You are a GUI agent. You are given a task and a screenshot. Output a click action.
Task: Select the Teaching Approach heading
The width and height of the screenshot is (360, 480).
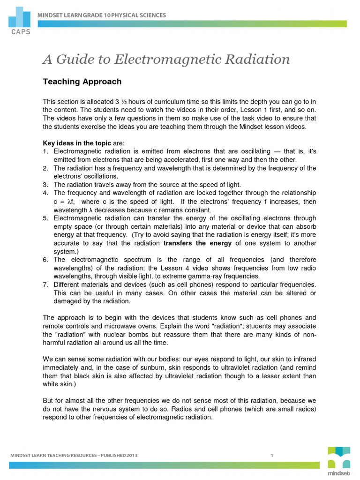pyautogui.click(x=82, y=82)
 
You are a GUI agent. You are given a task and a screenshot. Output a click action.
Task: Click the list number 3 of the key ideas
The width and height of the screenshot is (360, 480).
pyautogui.click(x=45, y=185)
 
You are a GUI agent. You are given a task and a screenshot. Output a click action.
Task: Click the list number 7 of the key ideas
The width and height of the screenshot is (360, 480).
pyautogui.click(x=45, y=285)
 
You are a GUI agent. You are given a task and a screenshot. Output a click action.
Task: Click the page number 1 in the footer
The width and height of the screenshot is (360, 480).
pyautogui.click(x=272, y=455)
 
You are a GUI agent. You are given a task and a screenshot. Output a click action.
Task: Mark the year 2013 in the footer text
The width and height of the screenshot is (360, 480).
pyautogui.click(x=131, y=455)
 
